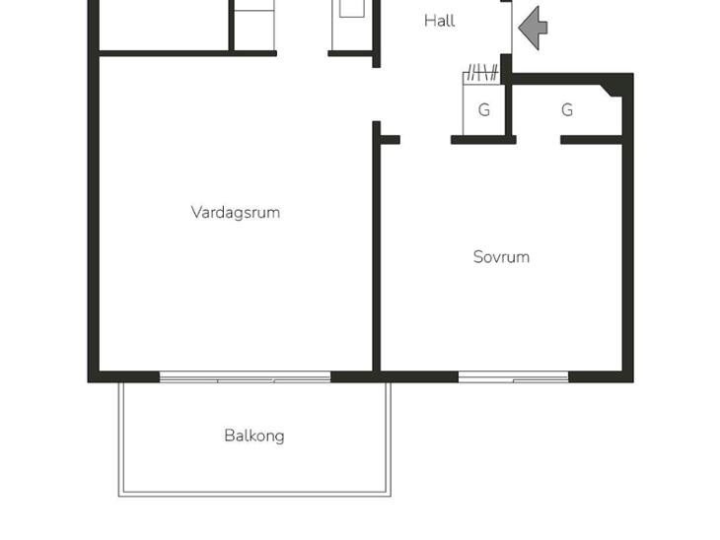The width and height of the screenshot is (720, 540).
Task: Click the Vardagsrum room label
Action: click(x=236, y=213)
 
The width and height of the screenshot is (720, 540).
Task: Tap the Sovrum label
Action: click(x=501, y=257)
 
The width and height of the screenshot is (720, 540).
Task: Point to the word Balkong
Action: click(x=253, y=436)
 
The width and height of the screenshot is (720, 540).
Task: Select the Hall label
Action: click(x=440, y=21)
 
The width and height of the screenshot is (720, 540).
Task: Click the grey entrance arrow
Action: click(x=533, y=28)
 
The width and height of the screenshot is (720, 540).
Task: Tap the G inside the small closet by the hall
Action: click(x=484, y=110)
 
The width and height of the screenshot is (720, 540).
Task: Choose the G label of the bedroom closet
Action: click(x=567, y=110)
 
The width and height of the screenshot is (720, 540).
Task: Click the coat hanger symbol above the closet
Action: click(x=481, y=73)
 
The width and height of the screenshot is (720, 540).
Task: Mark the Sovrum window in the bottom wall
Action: click(x=513, y=377)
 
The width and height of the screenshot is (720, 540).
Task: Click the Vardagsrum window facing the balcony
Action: click(x=245, y=377)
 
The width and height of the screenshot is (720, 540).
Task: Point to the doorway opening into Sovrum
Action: click(x=425, y=140)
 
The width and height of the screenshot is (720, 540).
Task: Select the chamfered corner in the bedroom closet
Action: click(x=612, y=91)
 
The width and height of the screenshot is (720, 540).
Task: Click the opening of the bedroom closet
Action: click(x=539, y=140)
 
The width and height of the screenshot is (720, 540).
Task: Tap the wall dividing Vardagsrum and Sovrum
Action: click(x=377, y=246)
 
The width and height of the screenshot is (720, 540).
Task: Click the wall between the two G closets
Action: click(x=508, y=110)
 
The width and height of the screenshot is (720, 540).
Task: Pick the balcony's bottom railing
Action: click(x=254, y=494)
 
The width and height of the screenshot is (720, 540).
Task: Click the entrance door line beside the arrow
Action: click(x=512, y=28)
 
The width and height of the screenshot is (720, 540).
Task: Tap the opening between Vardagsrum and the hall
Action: click(x=377, y=95)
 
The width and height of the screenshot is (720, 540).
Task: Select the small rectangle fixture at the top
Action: click(x=352, y=8)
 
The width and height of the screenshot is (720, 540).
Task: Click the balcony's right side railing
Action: click(x=389, y=439)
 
